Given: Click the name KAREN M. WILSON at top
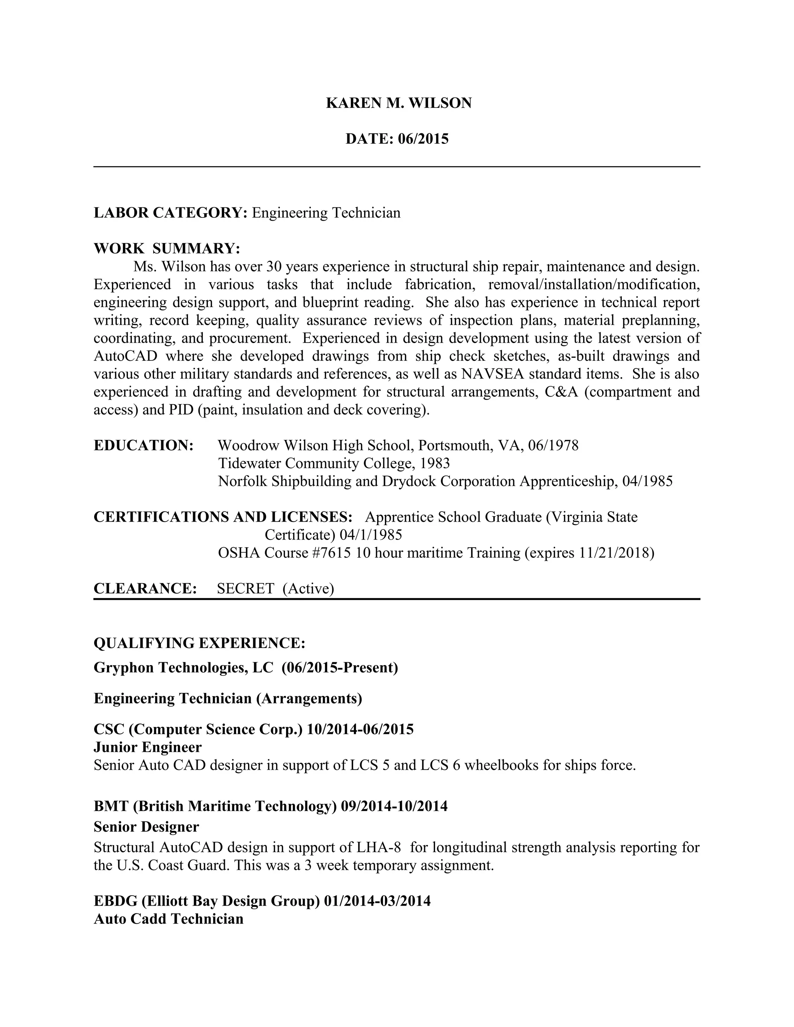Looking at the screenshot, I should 399,103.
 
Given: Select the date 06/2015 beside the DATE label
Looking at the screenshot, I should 423,139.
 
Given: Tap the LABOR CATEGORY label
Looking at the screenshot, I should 170,212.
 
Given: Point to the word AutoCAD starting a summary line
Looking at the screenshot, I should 125,356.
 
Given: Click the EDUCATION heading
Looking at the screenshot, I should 143,445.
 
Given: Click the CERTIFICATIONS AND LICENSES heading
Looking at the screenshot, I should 223,517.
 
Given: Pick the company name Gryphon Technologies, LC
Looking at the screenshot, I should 183,667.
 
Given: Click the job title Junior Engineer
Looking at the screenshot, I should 148,747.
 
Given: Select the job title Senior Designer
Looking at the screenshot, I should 146,826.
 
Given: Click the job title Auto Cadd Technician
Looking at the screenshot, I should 168,918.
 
